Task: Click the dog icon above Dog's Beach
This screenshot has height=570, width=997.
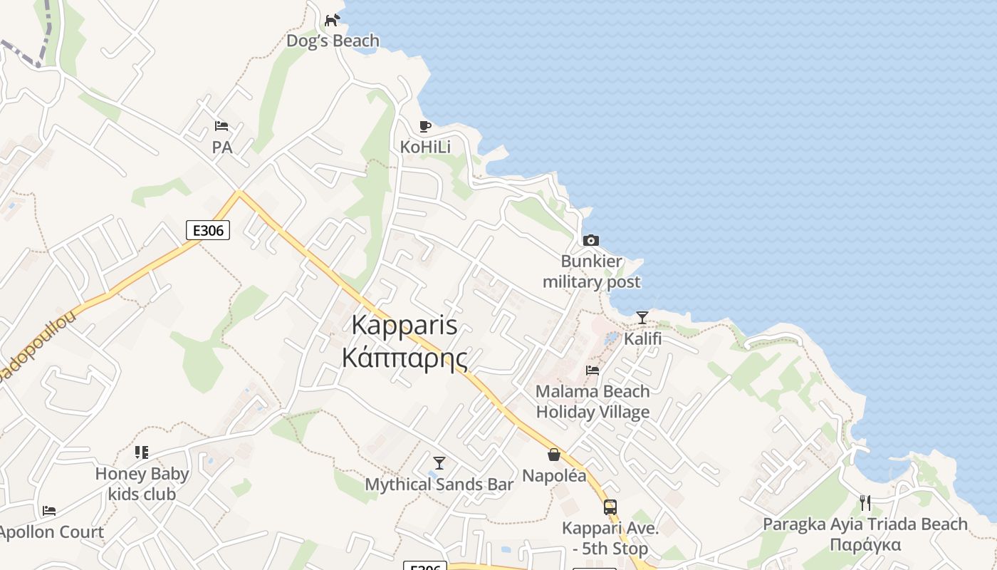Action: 333,20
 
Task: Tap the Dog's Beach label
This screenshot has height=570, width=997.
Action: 333,41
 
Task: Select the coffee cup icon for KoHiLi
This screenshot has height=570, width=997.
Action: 425,127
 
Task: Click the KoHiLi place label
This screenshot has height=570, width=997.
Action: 425,147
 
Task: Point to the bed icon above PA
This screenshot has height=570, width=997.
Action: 221,127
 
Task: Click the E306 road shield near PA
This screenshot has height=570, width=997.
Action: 208,230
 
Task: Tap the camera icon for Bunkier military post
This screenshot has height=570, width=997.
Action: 590,241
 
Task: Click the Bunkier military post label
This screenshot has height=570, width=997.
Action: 591,271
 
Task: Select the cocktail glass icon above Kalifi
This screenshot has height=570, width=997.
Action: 642,318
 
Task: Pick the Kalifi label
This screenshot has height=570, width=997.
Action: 642,338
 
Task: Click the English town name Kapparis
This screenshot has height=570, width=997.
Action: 404,325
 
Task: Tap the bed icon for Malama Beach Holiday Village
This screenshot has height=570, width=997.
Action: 593,370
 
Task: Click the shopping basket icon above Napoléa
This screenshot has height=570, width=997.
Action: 554,455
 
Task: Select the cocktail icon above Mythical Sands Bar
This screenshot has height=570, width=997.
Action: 439,463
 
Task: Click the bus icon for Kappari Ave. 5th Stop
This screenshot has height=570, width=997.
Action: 610,507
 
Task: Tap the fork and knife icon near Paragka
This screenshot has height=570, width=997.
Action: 865,503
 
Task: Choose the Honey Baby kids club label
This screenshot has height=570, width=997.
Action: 142,484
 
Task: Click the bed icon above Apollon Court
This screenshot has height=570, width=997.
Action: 49,511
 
